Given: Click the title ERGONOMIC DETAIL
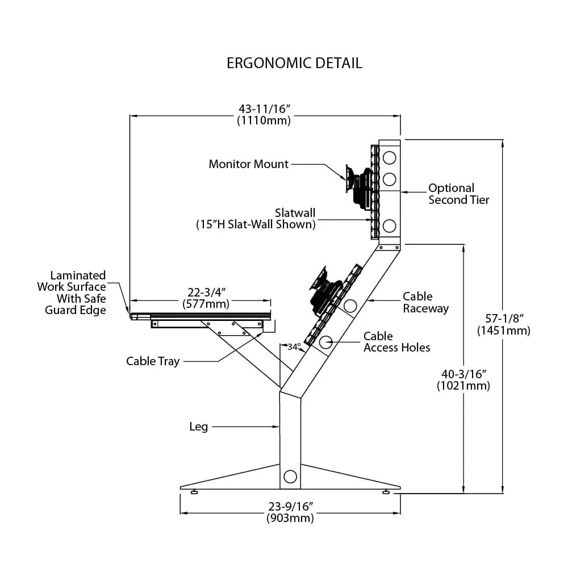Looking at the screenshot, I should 294,62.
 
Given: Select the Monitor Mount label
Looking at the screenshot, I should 249,164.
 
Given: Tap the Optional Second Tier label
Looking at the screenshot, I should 458,194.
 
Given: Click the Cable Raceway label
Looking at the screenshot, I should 425,302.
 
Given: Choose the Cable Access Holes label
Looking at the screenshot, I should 396,342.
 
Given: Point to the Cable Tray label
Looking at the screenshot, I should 153,361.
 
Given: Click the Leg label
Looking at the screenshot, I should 198,427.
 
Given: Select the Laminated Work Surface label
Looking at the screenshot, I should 72,293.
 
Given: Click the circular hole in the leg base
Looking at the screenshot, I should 290,477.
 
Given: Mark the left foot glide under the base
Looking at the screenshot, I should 195,492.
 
